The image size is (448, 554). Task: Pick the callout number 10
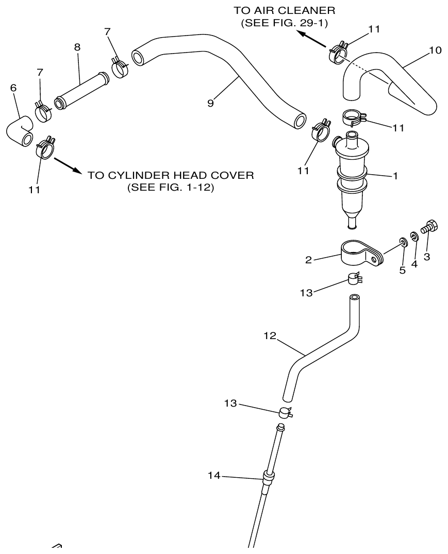pyautogui.click(x=435, y=51)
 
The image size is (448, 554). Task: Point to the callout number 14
pyautogui.click(x=213, y=476)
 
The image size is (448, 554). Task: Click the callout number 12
pyautogui.click(x=270, y=336)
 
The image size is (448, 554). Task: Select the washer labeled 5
pyautogui.click(x=402, y=242)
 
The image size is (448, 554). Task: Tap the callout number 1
pyautogui.click(x=395, y=176)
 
